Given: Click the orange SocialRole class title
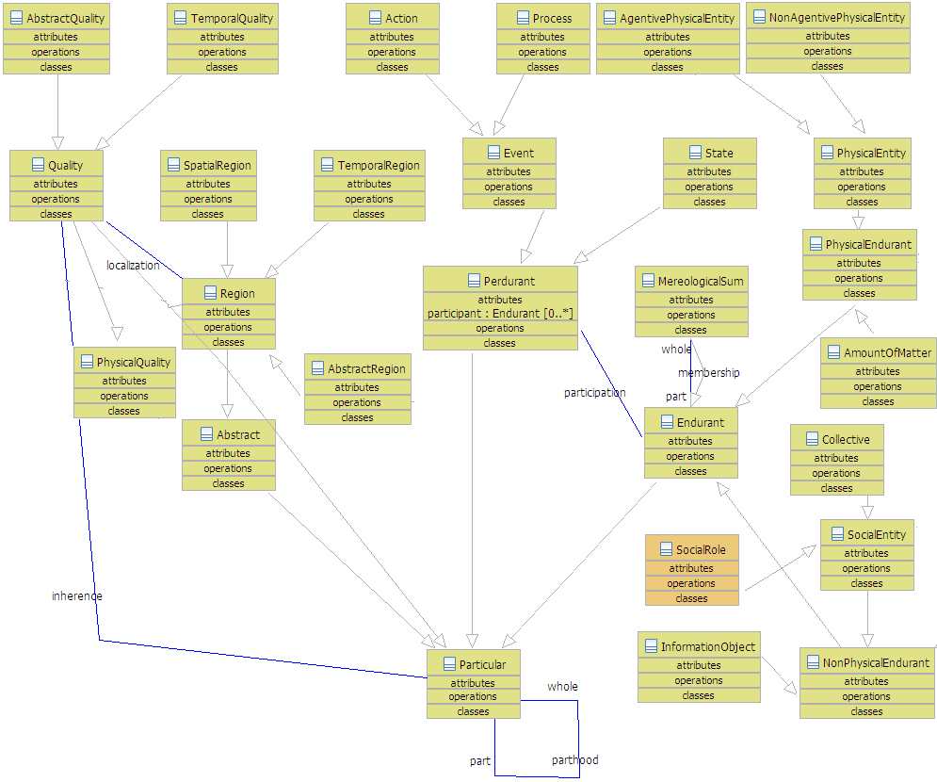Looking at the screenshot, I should (x=701, y=549).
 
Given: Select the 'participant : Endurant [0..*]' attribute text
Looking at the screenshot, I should (x=500, y=313).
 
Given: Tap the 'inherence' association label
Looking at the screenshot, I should (x=77, y=595).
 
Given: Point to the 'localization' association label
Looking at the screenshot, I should (x=133, y=265).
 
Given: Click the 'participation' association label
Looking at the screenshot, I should (x=595, y=392).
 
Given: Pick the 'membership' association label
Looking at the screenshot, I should (x=709, y=372).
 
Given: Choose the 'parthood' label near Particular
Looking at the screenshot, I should (x=574, y=759).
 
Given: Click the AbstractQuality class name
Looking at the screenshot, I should (x=66, y=18).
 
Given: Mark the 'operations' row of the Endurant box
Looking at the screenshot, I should (x=690, y=456).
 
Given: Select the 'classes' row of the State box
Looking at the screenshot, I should (x=709, y=202).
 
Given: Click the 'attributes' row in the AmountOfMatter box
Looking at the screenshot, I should (x=878, y=371).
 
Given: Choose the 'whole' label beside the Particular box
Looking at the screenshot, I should (x=562, y=686).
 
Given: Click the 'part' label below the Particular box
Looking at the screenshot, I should (x=480, y=760).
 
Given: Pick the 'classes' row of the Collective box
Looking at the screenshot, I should (x=836, y=488).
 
